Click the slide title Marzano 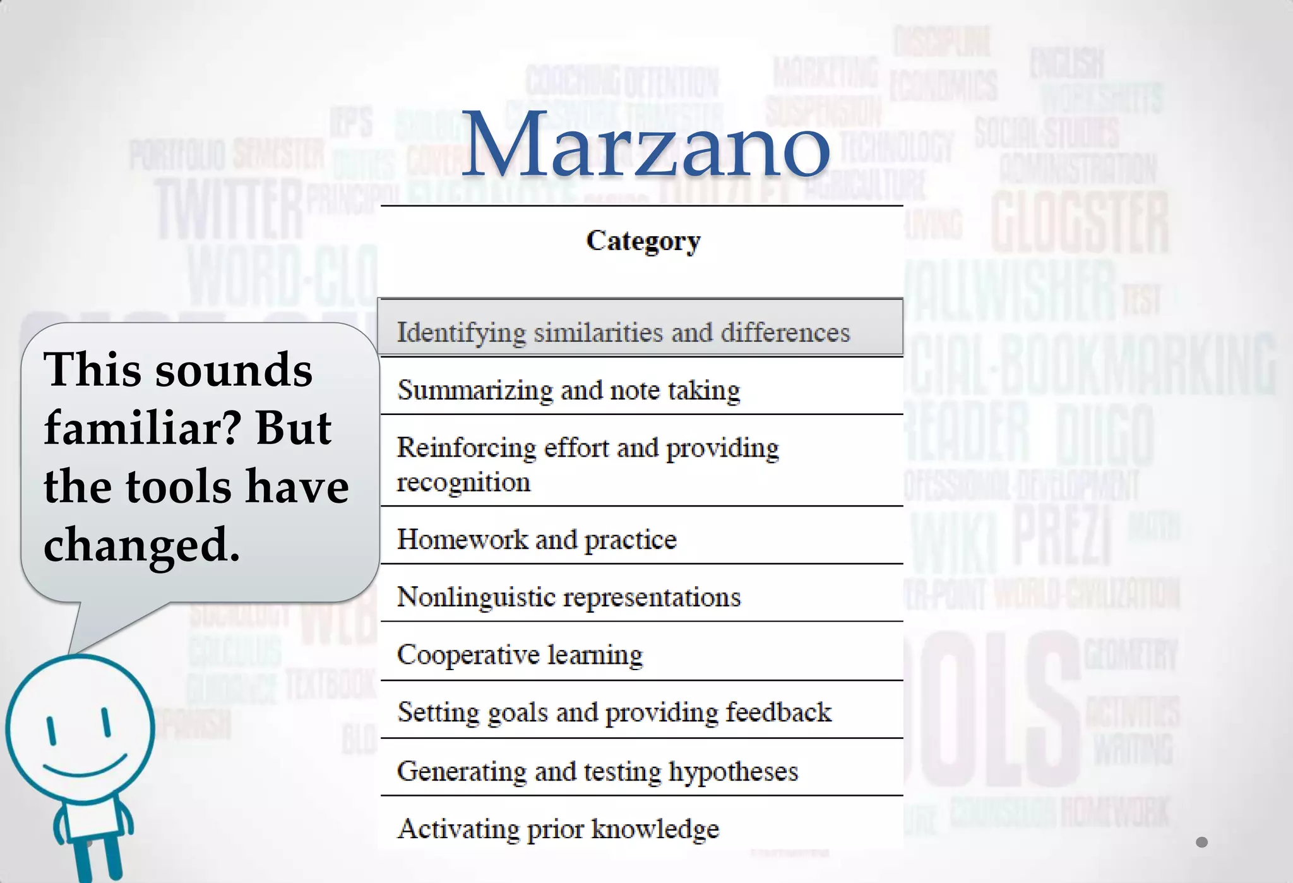point(645,145)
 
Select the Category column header point(643,241)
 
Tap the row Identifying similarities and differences point(623,332)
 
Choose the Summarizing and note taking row point(568,390)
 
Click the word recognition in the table point(463,483)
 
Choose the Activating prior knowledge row point(558,829)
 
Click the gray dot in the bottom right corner point(1201,842)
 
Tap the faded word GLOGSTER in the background point(1079,224)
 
